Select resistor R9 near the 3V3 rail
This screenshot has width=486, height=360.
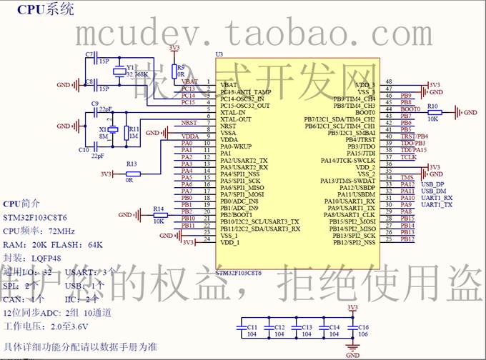click(x=174, y=69)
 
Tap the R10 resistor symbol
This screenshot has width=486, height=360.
click(x=434, y=112)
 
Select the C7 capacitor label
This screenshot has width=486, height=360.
click(x=89, y=54)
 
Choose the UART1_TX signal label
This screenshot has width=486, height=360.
click(x=437, y=205)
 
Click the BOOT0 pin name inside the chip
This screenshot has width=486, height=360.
click(x=365, y=112)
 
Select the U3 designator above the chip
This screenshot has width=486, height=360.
click(x=219, y=54)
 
